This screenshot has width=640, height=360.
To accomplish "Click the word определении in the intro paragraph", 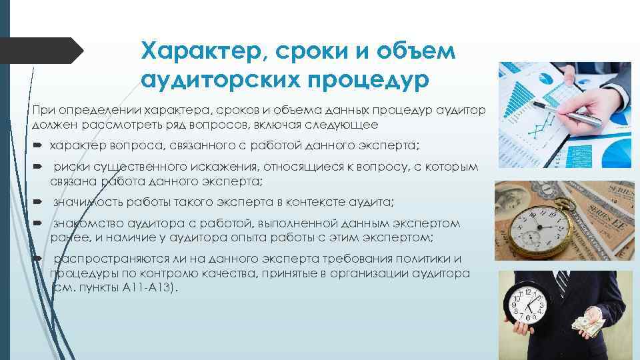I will pyautogui.click(x=92, y=109).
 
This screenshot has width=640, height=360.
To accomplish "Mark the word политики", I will pyautogui.click(x=437, y=259).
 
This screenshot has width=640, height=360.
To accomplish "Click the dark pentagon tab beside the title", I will pyautogui.click(x=40, y=51).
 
